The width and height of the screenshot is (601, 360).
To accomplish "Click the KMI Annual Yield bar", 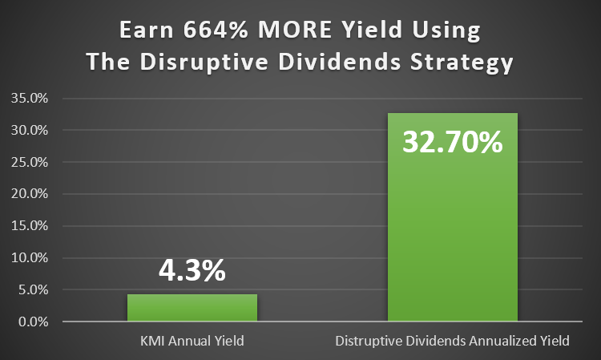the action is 192,307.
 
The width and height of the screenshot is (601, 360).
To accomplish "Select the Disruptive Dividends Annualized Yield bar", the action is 453,217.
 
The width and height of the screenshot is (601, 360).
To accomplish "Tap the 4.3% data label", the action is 192,271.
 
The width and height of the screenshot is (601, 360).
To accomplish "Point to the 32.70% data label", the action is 453,142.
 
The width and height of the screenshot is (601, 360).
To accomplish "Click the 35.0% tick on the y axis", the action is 30,98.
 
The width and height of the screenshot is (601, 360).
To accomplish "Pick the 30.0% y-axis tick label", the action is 30,131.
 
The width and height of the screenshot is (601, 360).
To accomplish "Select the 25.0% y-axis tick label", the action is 30,162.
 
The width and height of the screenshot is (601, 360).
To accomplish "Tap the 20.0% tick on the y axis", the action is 30,193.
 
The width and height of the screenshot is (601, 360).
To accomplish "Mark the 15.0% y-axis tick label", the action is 30,225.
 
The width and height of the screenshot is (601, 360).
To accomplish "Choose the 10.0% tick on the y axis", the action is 30,257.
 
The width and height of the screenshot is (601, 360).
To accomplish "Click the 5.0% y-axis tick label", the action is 34,289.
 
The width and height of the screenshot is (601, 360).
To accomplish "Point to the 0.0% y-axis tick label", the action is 34,322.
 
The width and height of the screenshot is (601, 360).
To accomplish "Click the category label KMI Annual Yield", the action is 192,341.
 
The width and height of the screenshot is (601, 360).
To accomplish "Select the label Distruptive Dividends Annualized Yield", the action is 452,341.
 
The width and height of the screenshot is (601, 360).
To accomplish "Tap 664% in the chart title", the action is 216,30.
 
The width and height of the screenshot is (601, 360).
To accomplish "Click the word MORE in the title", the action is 295,30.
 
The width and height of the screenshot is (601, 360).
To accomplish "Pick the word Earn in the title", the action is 147,30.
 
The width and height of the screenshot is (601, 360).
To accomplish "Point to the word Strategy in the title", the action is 462,63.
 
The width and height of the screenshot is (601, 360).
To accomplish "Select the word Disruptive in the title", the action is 204,63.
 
